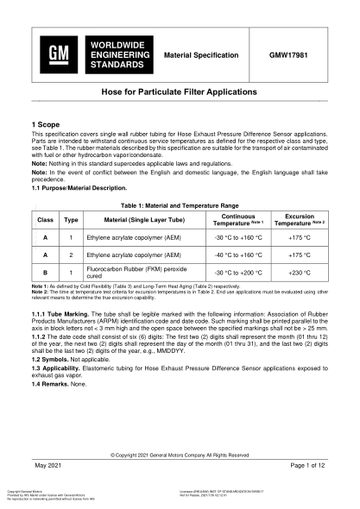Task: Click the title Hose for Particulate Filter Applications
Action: (x=180, y=91)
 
